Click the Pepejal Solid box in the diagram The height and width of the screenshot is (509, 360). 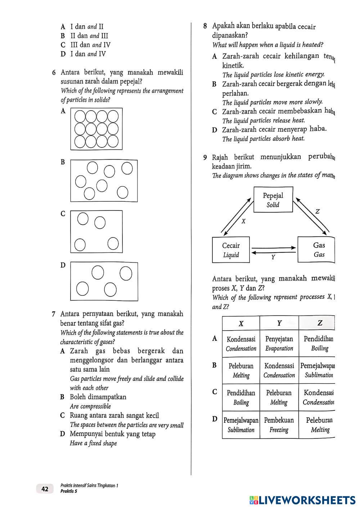tap(273, 200)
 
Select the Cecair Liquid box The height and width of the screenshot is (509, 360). tap(231, 250)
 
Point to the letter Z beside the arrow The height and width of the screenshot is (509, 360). tap(317, 212)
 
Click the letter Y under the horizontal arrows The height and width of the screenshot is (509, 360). tap(273, 257)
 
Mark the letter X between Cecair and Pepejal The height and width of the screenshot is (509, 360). tap(243, 221)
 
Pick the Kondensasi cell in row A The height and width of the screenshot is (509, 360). tap(241, 344)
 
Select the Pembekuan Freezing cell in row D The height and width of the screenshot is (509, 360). tap(279, 425)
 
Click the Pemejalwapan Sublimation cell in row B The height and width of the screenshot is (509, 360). tap(318, 371)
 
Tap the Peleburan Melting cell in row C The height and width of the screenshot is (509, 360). tap(279, 397)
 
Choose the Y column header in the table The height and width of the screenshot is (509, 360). tap(279, 323)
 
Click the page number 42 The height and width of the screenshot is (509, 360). tap(45, 489)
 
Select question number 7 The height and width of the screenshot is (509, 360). tap(53, 314)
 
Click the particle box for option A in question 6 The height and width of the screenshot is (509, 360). tap(96, 129)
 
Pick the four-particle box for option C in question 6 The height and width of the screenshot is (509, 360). tap(96, 232)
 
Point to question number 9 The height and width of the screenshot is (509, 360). tap(205, 158)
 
